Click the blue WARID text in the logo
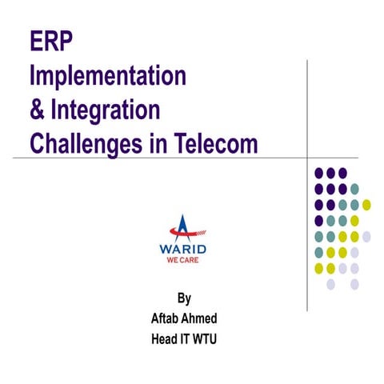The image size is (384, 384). coord(183,248)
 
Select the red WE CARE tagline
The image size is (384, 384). coord(183,260)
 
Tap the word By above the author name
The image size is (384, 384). coord(184,300)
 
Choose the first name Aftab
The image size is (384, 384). coord(166,318)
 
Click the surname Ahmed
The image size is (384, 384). coord(201,318)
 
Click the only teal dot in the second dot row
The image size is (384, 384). coord(354,189)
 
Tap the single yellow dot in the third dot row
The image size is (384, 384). coord(366,204)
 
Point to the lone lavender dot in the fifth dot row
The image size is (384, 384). coord(366,236)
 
